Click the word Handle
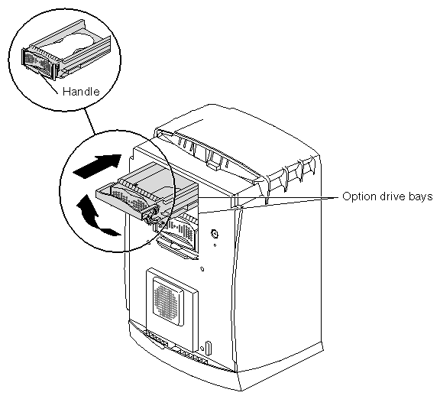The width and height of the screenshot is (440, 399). (81, 91)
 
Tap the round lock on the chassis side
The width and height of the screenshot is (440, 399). (214, 233)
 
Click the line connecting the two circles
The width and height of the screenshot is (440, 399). (89, 121)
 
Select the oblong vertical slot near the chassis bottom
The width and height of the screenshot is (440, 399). (208, 348)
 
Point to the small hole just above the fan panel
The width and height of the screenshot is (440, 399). (202, 269)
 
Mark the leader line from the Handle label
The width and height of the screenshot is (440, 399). (47, 82)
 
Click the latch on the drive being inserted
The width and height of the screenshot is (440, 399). (150, 216)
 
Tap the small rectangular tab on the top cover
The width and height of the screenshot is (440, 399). (212, 166)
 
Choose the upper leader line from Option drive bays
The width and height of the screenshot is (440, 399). (267, 197)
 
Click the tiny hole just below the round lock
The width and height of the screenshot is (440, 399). (215, 245)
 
